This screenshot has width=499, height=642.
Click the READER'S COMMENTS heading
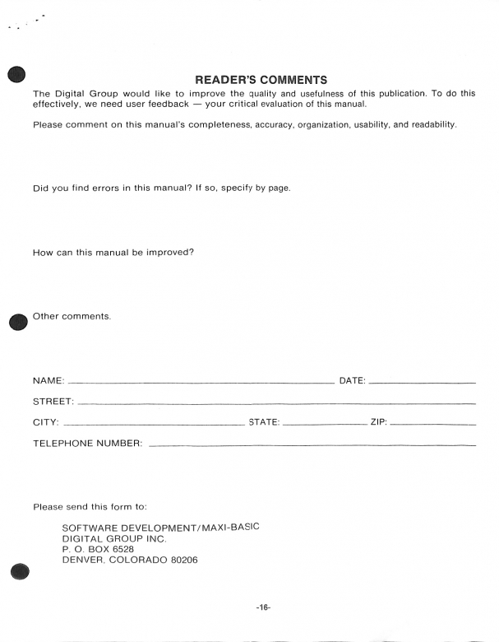(x=261, y=80)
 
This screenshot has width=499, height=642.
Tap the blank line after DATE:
(x=423, y=383)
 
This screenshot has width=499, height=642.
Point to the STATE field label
(x=264, y=423)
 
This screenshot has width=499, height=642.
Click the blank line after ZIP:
(x=432, y=425)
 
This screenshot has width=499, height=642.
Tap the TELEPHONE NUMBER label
(x=88, y=444)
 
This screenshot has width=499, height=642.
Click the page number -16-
(x=263, y=607)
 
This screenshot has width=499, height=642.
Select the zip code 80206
(x=182, y=561)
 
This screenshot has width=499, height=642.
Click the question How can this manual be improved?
(x=113, y=252)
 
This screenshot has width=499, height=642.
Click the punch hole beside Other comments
(x=18, y=321)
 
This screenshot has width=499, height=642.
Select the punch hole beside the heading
(x=18, y=74)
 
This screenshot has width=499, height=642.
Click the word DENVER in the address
(x=85, y=561)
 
